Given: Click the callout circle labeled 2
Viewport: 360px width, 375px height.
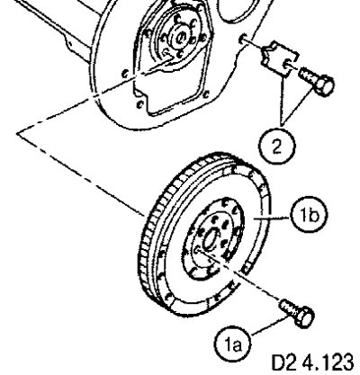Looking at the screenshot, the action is pyautogui.click(x=277, y=147).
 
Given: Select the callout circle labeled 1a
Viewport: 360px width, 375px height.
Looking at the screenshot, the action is pyautogui.click(x=233, y=345).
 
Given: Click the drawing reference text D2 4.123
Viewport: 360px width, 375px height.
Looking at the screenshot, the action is pyautogui.click(x=312, y=362).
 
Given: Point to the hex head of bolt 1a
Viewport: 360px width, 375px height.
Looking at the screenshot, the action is pyautogui.click(x=304, y=317).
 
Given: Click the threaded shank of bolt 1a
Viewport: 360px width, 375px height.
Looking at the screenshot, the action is pyautogui.click(x=287, y=308).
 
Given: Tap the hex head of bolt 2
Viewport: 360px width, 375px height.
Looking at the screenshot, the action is pyautogui.click(x=324, y=86).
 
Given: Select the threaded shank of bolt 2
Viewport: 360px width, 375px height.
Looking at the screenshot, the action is pyautogui.click(x=308, y=75).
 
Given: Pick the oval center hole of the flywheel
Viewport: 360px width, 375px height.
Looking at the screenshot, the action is pyautogui.click(x=210, y=238).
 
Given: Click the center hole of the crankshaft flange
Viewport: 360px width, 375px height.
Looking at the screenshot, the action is pyautogui.click(x=180, y=38).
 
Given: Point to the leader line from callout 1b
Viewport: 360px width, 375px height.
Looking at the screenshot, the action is pyautogui.click(x=272, y=218).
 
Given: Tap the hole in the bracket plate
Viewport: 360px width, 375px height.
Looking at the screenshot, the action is pyautogui.click(x=286, y=64).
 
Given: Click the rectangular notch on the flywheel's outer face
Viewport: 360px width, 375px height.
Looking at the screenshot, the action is pyautogui.click(x=247, y=267).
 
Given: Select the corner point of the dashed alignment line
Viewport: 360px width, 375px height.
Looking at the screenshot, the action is pyautogui.click(x=17, y=134).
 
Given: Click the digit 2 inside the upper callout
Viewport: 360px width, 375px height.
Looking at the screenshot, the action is pyautogui.click(x=277, y=147).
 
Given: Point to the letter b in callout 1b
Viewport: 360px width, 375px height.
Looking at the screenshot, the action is pyautogui.click(x=313, y=215).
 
